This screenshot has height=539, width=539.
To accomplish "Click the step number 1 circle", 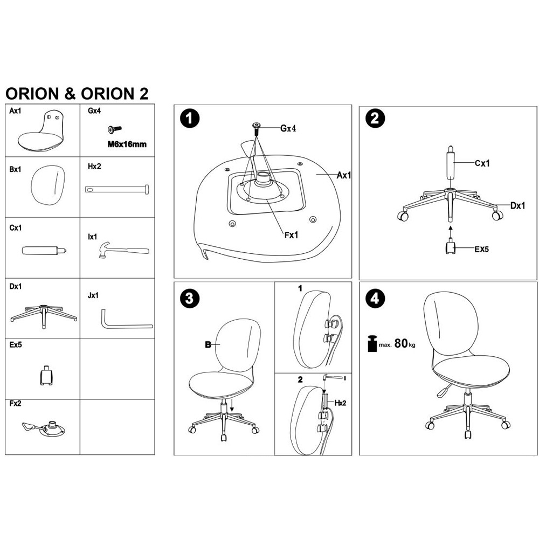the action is pos(190,119).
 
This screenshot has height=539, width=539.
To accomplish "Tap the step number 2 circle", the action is pos(375,119).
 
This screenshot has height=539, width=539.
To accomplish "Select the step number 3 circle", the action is pos(189,299).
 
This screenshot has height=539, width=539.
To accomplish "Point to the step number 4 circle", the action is pos(375,298).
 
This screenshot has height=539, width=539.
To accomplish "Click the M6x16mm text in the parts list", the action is pos(127,144).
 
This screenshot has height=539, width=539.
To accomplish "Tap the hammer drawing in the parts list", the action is pos(124,250).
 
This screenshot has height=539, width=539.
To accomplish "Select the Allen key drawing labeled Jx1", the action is pos(127,319).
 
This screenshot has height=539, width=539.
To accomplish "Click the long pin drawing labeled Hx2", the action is pos(117,189).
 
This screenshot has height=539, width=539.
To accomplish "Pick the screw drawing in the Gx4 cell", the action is pos(114,129).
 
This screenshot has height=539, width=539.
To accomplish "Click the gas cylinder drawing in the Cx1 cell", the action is pos(44,250).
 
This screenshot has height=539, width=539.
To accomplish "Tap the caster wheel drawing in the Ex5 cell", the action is pos(46,375).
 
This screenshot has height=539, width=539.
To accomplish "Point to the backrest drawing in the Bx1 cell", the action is pos(48,185).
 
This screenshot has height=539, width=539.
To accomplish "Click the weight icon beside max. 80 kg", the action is pos(372,343).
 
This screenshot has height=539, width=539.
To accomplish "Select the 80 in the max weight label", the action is pos(401,343).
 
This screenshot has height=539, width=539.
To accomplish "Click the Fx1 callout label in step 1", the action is pos(291,235).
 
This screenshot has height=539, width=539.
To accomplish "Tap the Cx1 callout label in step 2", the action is pos(482,163).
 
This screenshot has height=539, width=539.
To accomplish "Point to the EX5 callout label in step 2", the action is pos(481,249).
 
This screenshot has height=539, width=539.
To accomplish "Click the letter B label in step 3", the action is pos(208,344).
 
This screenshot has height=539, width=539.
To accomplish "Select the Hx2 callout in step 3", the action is pos(340,403).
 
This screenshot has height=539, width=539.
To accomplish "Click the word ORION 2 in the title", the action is pos(114,94).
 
